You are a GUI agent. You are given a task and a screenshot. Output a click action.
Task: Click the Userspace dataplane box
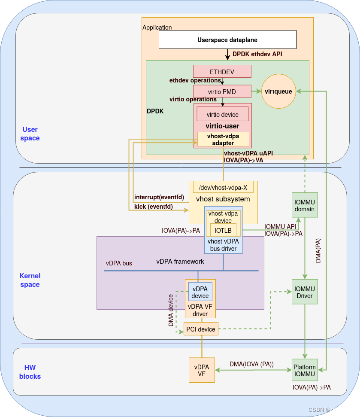click(x=227, y=40)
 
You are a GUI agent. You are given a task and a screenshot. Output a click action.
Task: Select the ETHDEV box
click(x=222, y=71)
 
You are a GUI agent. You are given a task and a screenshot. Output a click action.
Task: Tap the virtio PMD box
click(x=222, y=91)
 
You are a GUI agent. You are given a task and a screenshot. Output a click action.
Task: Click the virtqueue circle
click(x=278, y=91)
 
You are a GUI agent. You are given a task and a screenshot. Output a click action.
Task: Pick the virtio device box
click(x=222, y=114)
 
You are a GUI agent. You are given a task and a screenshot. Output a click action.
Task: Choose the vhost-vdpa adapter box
click(x=223, y=139)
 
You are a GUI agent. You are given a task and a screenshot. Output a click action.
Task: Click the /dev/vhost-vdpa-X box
click(x=223, y=187)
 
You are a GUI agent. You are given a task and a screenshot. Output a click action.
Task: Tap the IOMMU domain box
click(x=305, y=205)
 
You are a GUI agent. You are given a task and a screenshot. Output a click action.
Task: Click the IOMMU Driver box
click(x=305, y=292)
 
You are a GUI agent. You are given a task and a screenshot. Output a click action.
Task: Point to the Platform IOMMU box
click(x=305, y=370)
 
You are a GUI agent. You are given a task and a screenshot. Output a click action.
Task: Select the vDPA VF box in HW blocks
click(x=202, y=370)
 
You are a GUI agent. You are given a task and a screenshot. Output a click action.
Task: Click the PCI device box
click(x=201, y=329)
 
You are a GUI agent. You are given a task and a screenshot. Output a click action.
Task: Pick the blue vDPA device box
click(x=200, y=292)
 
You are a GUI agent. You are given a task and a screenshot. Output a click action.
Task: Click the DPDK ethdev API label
click(x=257, y=54)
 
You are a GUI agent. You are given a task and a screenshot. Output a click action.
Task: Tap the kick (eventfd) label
click(x=154, y=206)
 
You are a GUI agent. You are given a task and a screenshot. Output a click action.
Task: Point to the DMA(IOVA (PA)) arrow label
click(x=251, y=364)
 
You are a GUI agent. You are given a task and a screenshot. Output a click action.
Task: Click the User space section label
click(x=30, y=134)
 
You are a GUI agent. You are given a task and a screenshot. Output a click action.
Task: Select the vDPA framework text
click(x=180, y=261)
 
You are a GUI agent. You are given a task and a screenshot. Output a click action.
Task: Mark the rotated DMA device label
click(x=171, y=310)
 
